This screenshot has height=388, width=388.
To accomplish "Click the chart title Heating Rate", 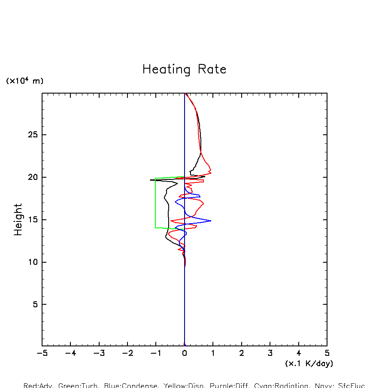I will (x=184, y=69).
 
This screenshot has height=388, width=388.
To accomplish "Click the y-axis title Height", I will (x=18, y=219).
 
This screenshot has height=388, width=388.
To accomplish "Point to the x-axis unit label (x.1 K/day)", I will (x=309, y=364).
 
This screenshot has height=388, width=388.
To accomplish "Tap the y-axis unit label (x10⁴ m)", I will (x=24, y=81).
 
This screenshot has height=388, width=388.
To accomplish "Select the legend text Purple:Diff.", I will (x=227, y=385).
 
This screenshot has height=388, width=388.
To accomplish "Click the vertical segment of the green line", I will (x=155, y=202).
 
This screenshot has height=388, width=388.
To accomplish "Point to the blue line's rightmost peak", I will (x=211, y=221).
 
